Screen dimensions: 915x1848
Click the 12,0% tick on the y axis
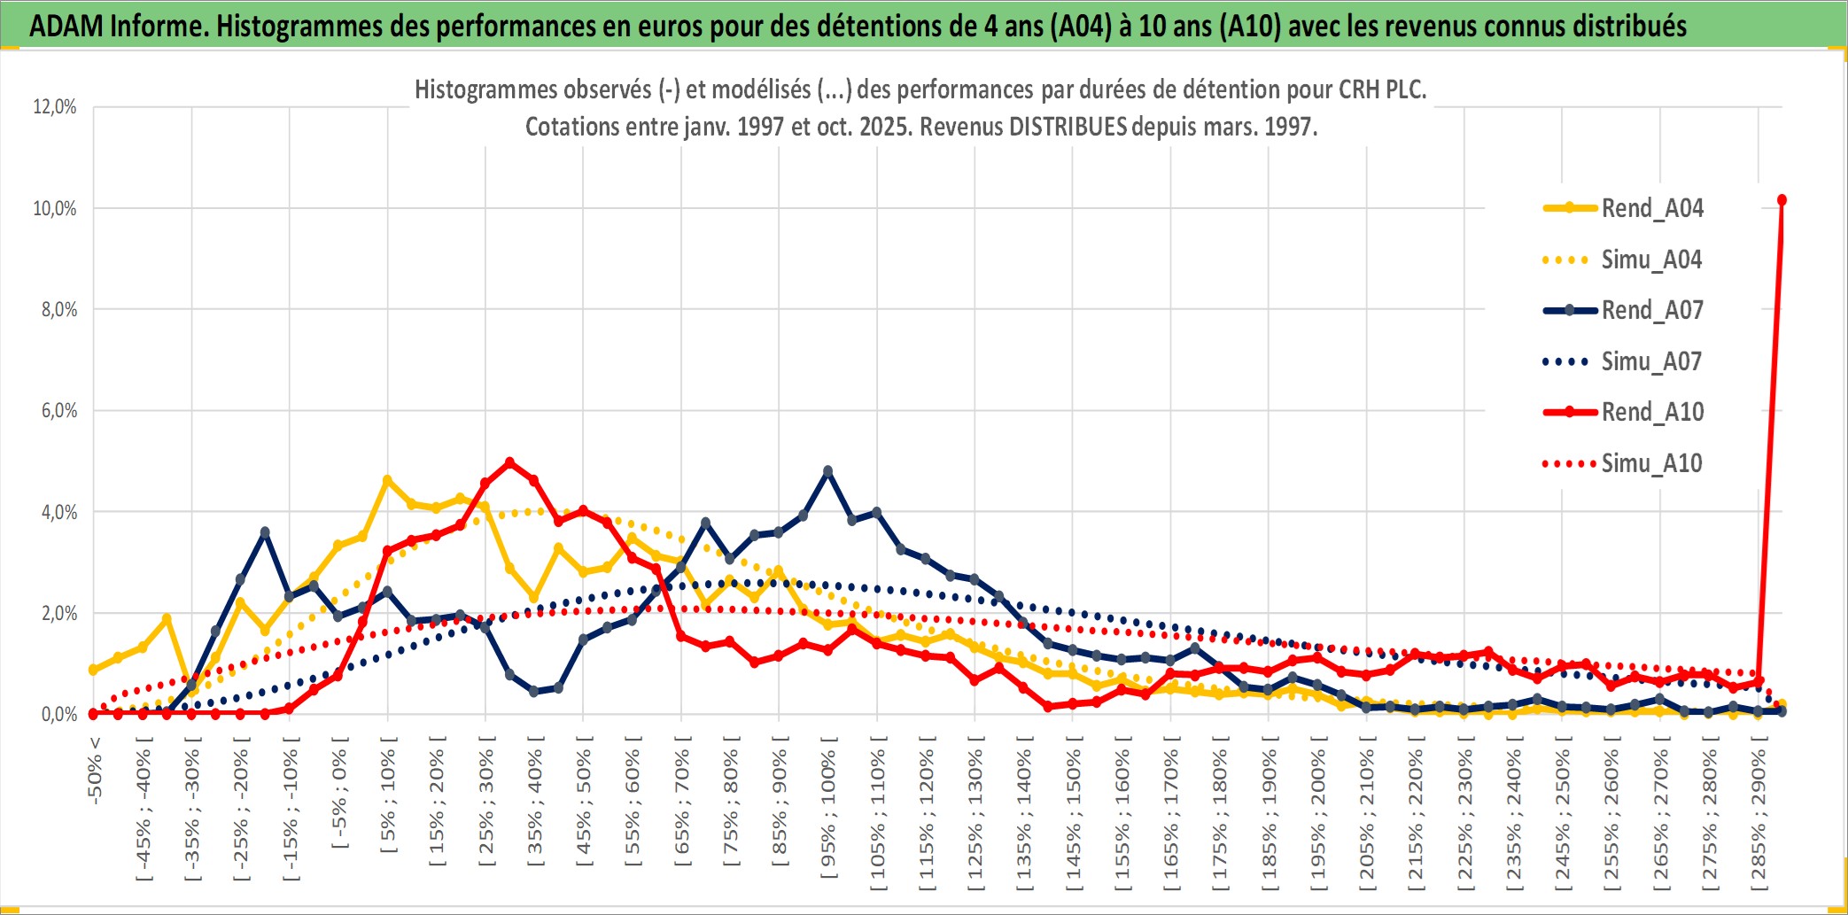(55, 107)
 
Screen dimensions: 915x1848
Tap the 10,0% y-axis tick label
(55, 208)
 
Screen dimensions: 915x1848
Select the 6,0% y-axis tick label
(58, 411)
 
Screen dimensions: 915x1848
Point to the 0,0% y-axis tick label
(58, 714)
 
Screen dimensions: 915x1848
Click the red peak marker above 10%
(1782, 200)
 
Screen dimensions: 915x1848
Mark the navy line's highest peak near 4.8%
(827, 471)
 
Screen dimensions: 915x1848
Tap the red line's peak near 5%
(509, 462)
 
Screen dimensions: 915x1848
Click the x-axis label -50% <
(95, 771)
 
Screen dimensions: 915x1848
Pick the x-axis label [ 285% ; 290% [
(1759, 819)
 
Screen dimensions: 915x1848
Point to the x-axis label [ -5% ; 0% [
(339, 793)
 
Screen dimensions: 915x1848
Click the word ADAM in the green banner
(66, 26)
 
